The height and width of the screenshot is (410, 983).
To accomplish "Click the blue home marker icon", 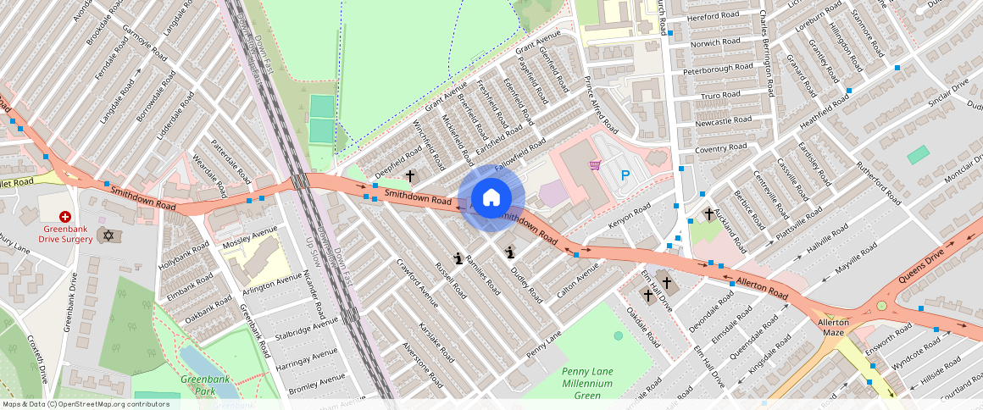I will [x=491, y=199].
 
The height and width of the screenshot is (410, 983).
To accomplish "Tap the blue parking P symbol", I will [x=625, y=175].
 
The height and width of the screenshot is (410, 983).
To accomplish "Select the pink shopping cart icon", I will [x=595, y=164].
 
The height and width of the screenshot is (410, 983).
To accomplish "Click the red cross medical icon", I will [x=64, y=218].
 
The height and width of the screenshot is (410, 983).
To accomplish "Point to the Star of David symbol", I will [x=106, y=234].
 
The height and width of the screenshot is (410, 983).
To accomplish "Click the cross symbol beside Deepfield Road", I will [x=410, y=176].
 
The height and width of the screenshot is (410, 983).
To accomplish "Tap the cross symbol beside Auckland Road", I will [x=708, y=214].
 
